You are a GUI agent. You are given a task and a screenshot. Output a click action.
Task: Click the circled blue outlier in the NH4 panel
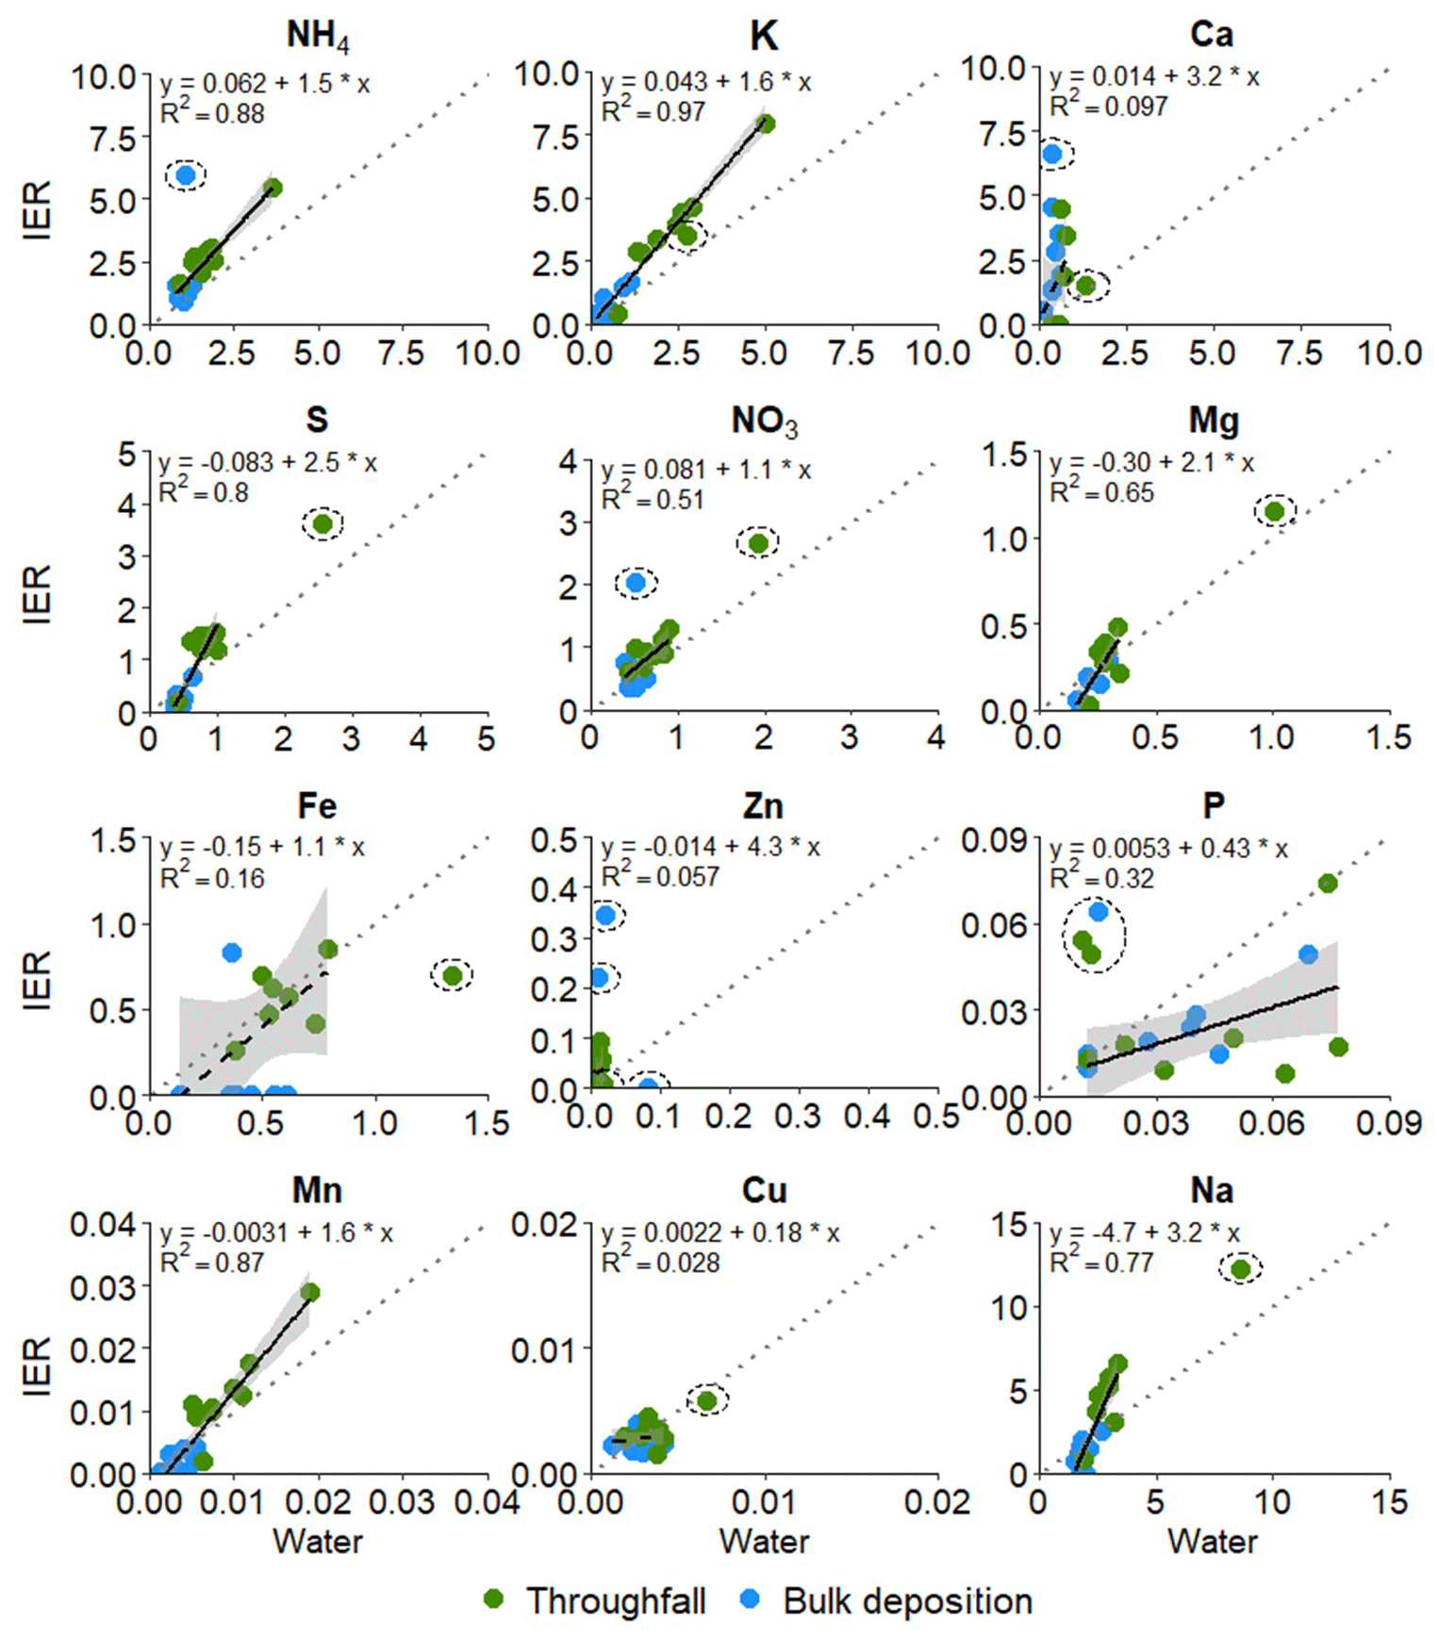pyautogui.click(x=186, y=174)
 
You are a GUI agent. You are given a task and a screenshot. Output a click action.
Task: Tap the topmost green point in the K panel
pyautogui.click(x=766, y=124)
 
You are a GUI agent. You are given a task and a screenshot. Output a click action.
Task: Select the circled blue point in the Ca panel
pyautogui.click(x=1053, y=153)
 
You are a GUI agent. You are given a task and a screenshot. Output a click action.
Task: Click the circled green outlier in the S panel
pyautogui.click(x=323, y=523)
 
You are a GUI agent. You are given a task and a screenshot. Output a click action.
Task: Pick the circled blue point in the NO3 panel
pyautogui.click(x=637, y=583)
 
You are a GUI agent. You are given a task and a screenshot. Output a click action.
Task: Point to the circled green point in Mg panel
pyautogui.click(x=1275, y=511)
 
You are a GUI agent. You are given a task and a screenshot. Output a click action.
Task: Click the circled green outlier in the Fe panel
pyautogui.click(x=452, y=975)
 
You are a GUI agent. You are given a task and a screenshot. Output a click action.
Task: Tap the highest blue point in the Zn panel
pyautogui.click(x=606, y=915)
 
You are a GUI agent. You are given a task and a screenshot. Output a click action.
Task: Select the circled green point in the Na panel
pyautogui.click(x=1240, y=1269)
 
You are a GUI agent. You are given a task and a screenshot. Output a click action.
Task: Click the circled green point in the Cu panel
pyautogui.click(x=707, y=1401)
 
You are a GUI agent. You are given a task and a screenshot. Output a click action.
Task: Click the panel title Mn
pyautogui.click(x=317, y=1191)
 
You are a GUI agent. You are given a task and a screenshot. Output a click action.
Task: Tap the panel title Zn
pyautogui.click(x=763, y=806)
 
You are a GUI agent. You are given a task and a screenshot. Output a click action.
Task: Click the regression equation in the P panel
pyautogui.click(x=1168, y=849)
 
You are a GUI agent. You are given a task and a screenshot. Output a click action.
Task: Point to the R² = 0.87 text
pyautogui.click(x=212, y=1263)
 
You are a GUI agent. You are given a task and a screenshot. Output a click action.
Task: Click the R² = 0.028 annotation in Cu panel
pyautogui.click(x=660, y=1263)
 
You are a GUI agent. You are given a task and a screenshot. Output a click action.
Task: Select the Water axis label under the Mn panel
pyautogui.click(x=318, y=1541)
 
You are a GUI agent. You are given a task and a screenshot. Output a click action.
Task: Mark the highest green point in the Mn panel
pyautogui.click(x=309, y=1292)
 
